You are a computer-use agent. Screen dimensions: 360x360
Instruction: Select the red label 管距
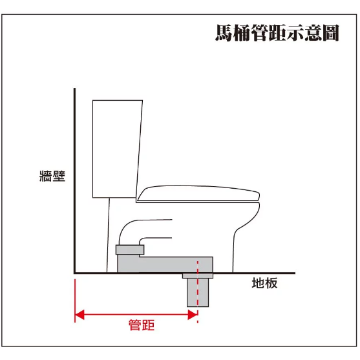point(142,324)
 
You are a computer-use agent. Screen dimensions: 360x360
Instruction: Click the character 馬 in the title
point(225,33)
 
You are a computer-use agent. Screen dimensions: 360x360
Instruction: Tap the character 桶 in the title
point(246,33)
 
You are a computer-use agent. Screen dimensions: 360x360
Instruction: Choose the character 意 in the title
point(308,33)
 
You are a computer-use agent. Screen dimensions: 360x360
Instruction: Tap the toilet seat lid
point(200,193)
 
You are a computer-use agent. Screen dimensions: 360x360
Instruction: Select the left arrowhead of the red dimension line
point(79,315)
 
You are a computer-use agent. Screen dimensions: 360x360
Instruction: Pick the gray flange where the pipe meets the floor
point(198,275)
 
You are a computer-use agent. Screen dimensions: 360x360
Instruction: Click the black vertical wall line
point(75,181)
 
